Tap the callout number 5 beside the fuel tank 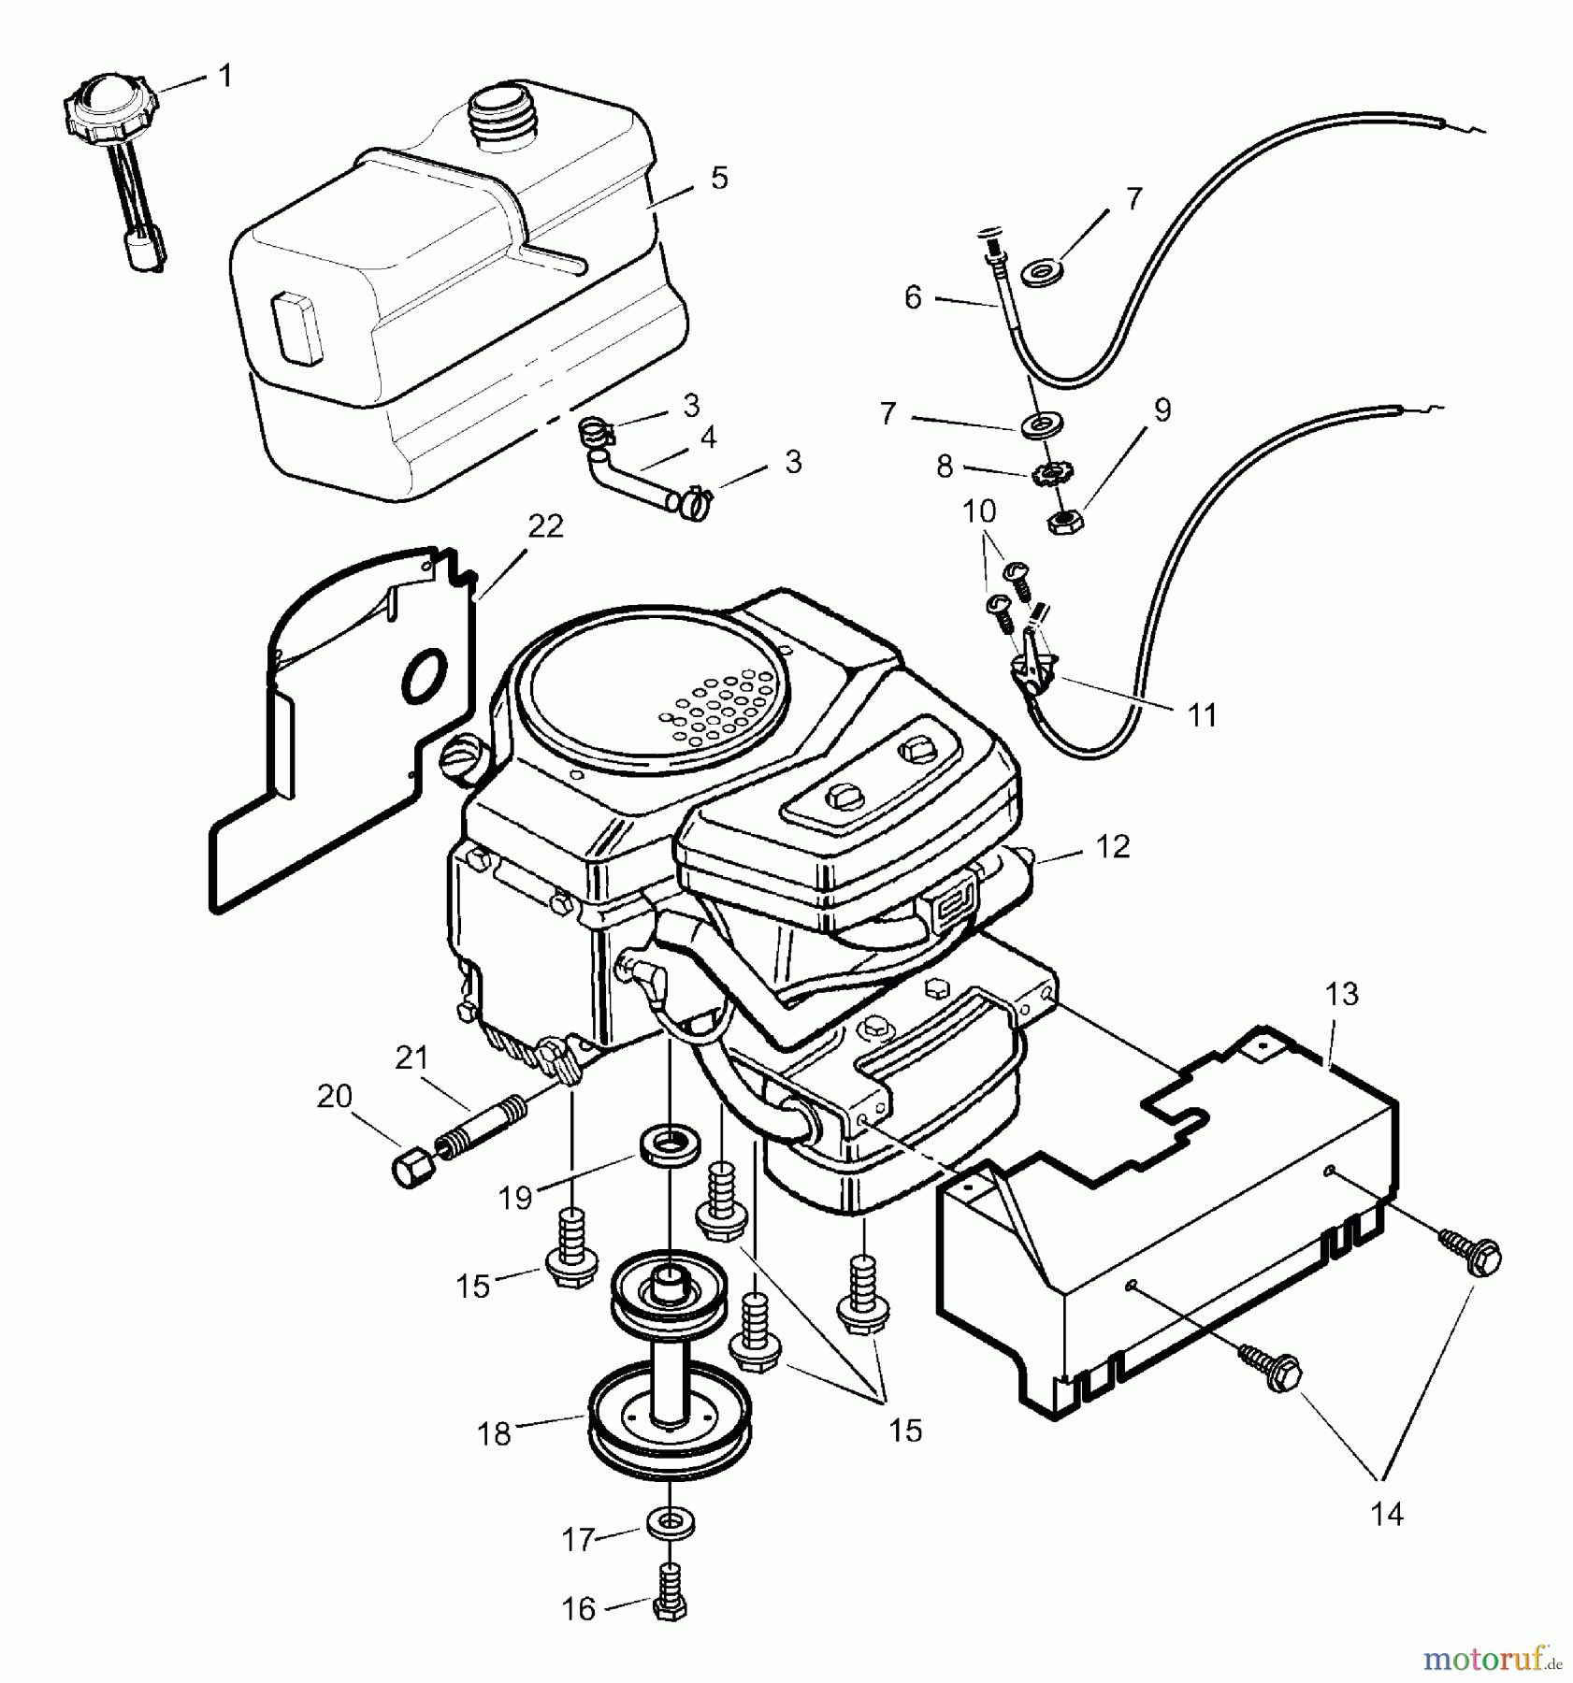coord(718,178)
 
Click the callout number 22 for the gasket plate coord(545,526)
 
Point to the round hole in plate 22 coord(426,674)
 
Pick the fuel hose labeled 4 coord(636,475)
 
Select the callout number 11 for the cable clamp coord(1202,715)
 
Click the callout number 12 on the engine coord(1111,846)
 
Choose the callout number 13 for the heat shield coord(1341,994)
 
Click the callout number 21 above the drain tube coord(411,1058)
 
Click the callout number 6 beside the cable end coord(913,297)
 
